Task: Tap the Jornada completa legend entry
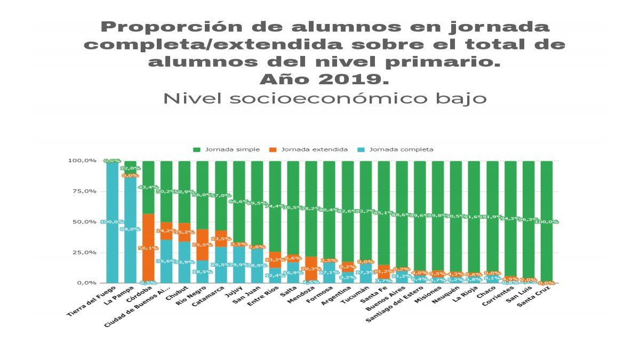coord(401,149)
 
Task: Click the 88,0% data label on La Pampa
coord(130,229)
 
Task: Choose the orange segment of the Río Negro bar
coord(203,245)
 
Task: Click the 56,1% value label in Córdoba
coord(148,249)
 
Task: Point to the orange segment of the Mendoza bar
coord(311,267)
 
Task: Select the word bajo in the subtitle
coord(465,99)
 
